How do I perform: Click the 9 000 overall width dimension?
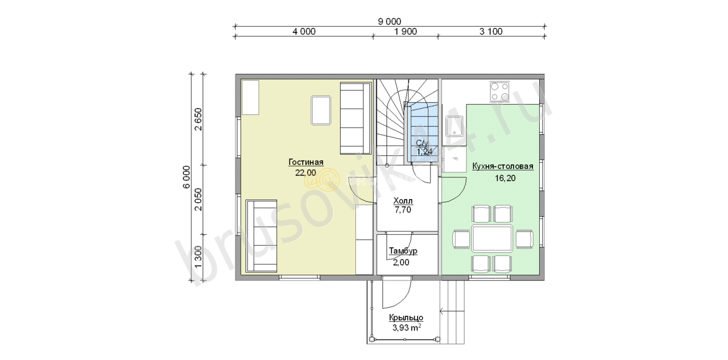click(x=390, y=22)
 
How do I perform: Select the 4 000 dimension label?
click(x=304, y=31)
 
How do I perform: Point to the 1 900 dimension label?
click(x=406, y=31)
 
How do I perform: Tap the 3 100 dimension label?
click(x=491, y=31)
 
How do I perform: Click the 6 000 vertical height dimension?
click(x=186, y=177)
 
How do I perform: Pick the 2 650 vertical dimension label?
click(x=198, y=119)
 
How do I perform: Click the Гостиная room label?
click(x=306, y=162)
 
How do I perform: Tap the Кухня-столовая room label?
click(x=503, y=167)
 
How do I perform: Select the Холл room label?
click(x=403, y=200)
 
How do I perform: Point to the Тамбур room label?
click(x=403, y=251)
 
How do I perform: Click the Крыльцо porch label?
click(x=406, y=317)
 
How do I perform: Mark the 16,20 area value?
click(x=505, y=178)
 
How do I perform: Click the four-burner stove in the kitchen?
click(x=499, y=92)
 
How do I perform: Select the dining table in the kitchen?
click(x=493, y=238)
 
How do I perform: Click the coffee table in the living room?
click(x=321, y=110)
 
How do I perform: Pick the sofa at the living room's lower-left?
click(x=261, y=236)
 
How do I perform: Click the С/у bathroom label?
click(x=423, y=143)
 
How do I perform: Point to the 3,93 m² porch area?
click(x=406, y=328)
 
